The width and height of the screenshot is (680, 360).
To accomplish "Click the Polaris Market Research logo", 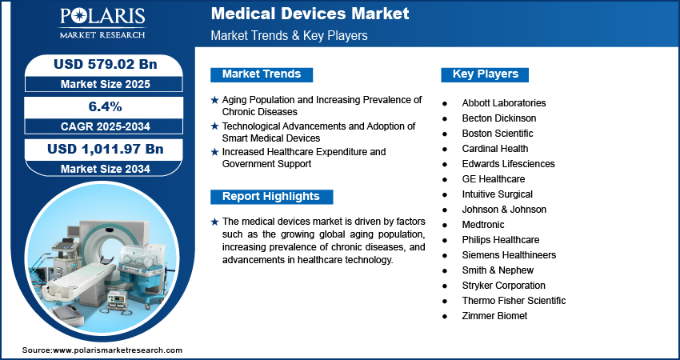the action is [x=102, y=23].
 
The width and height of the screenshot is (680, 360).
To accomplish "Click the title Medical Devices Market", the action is [x=310, y=14].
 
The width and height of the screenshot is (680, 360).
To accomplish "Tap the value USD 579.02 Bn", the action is [x=105, y=64].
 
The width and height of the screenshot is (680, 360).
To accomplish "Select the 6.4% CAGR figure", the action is [x=105, y=106].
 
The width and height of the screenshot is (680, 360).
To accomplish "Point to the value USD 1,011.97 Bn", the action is [x=106, y=149].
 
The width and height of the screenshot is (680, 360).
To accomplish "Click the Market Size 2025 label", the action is [x=105, y=84].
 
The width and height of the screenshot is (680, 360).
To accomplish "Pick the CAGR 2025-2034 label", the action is [x=105, y=126].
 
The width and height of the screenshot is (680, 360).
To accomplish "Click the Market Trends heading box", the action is [x=262, y=74].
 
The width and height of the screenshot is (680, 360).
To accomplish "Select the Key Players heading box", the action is [x=485, y=74].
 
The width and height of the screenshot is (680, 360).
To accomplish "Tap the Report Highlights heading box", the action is [x=271, y=197].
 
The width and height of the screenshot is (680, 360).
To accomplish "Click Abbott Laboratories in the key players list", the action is [x=504, y=103].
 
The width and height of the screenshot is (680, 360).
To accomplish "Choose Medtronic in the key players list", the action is [x=483, y=225].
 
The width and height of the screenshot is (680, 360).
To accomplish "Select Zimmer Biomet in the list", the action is [x=494, y=316].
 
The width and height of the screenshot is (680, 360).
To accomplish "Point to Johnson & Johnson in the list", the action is [x=504, y=210].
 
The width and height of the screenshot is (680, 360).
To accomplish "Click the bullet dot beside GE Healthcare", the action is [x=445, y=179].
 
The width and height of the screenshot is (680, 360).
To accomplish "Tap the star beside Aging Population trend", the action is [x=214, y=101].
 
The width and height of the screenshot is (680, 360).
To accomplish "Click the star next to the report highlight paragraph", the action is [x=214, y=222].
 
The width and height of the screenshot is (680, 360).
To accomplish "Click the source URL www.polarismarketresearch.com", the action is [x=118, y=350].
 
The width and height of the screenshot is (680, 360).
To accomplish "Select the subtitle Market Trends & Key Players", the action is [x=290, y=35].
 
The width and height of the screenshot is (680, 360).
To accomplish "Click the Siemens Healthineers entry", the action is [x=509, y=255].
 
